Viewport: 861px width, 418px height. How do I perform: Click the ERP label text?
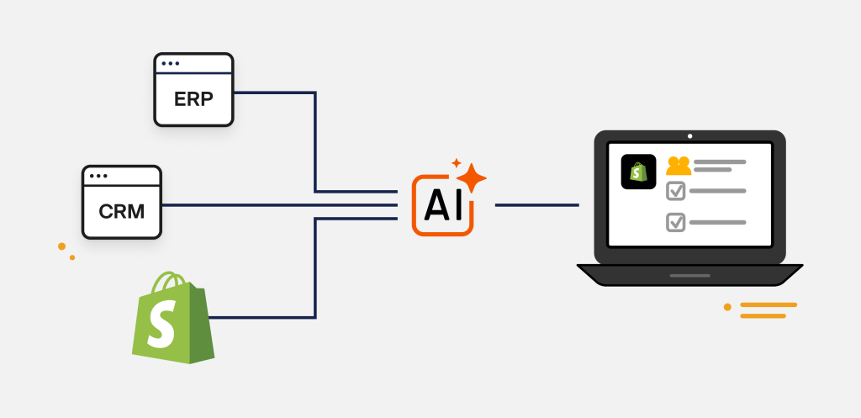click(x=193, y=99)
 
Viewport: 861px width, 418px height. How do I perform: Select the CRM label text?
click(x=121, y=211)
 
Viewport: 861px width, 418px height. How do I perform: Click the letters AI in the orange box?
click(x=443, y=205)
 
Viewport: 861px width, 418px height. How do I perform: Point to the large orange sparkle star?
click(x=471, y=178)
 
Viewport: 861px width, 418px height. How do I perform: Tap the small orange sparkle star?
click(x=456, y=163)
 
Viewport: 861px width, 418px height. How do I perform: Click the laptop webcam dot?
click(x=689, y=136)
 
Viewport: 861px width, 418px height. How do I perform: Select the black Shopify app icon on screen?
click(x=638, y=172)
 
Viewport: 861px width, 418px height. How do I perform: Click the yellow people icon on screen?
click(x=679, y=166)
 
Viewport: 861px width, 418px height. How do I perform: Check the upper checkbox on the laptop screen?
click(x=675, y=191)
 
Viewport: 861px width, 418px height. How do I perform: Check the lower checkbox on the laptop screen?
click(x=675, y=223)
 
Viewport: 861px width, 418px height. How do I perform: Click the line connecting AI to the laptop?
click(x=537, y=205)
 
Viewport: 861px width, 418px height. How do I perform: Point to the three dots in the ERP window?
click(x=170, y=64)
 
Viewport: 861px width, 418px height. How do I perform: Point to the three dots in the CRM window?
click(x=98, y=176)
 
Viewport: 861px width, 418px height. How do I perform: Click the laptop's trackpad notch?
click(x=689, y=276)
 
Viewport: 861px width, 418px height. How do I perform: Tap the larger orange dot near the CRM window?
click(x=62, y=246)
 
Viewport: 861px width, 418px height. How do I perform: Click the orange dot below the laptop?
click(x=727, y=307)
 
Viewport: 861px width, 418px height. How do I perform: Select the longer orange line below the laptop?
click(x=769, y=304)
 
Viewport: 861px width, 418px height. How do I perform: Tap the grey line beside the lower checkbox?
click(x=718, y=223)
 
